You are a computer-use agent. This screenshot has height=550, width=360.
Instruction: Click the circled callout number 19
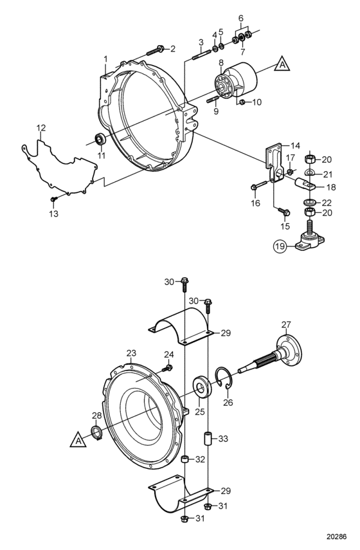[280, 246]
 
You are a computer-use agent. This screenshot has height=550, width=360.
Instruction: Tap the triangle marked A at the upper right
[282, 64]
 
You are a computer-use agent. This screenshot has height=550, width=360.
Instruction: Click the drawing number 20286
[336, 536]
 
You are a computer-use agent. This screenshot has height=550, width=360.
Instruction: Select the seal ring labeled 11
[100, 139]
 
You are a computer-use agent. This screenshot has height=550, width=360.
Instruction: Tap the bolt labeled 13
[53, 199]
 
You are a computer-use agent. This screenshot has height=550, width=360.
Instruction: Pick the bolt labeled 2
[156, 51]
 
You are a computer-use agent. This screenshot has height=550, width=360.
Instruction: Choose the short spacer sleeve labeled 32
[185, 459]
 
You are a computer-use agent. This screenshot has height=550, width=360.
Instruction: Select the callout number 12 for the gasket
[41, 127]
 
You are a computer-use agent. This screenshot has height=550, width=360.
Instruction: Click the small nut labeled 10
[242, 102]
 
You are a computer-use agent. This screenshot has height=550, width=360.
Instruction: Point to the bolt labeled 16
[260, 184]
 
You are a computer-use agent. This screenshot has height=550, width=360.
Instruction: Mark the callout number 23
[131, 353]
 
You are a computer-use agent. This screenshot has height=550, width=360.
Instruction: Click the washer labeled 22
[309, 203]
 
